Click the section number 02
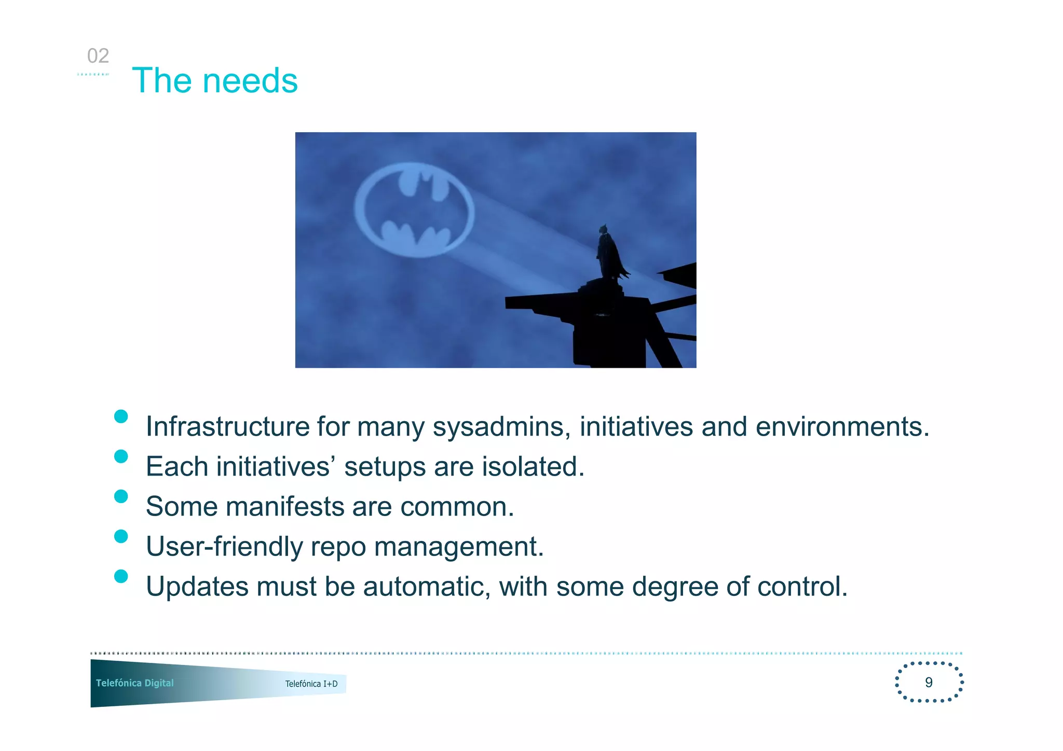click(x=98, y=56)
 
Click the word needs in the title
click(x=250, y=81)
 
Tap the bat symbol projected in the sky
click(x=414, y=210)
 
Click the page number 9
click(x=929, y=682)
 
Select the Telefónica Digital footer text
click(x=134, y=683)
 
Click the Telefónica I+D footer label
click(x=311, y=684)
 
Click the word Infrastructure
click(x=227, y=426)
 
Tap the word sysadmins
click(x=501, y=426)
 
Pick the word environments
click(x=842, y=426)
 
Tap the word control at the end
click(x=802, y=587)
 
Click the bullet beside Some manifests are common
click(x=121, y=496)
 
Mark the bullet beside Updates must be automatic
click(x=121, y=576)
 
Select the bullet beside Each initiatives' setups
click(x=121, y=456)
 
